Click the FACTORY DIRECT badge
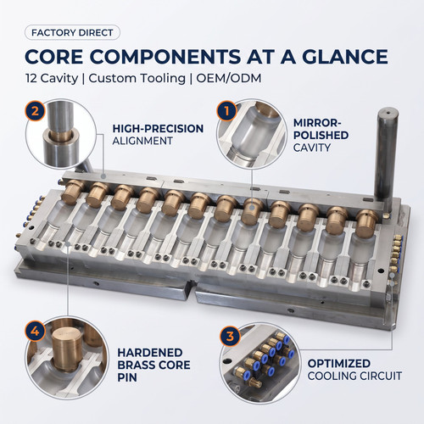pos(72,33)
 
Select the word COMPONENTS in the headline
pos(165,57)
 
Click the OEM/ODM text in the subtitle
pos(229,78)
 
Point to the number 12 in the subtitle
pos(31,78)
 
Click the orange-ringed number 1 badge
pos(226,111)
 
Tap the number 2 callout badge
pos(35,111)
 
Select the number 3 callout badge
pos(231,337)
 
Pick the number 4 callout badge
pos(35,331)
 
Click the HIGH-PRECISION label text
pos(158,129)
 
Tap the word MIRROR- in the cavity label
pos(317,123)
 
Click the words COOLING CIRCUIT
pos(354,377)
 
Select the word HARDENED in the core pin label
pos(150,353)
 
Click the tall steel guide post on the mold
pos(386,159)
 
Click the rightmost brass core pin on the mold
pos(366,223)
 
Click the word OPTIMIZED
pos(339,364)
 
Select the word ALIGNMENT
pos(142,141)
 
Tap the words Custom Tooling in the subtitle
pos(137,78)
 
